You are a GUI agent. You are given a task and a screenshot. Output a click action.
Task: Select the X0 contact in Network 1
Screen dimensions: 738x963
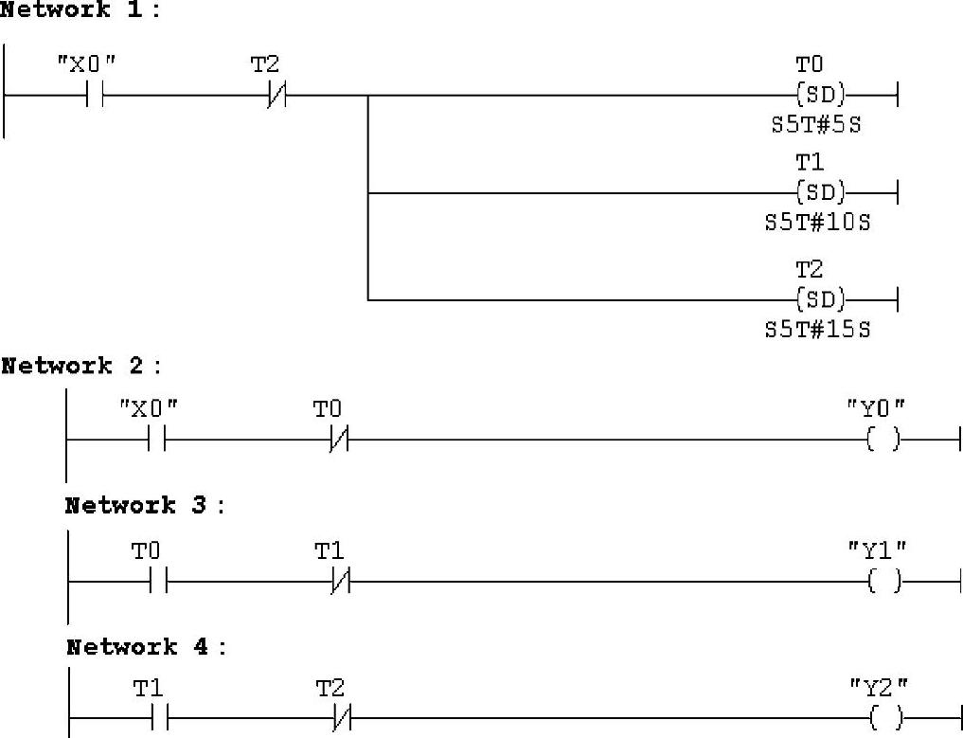point(94,95)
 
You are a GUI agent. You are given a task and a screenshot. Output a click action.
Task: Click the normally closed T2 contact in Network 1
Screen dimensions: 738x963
point(276,95)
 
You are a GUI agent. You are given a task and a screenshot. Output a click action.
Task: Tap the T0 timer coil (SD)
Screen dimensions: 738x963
point(820,95)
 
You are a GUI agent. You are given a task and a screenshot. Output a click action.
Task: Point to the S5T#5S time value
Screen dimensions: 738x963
point(816,124)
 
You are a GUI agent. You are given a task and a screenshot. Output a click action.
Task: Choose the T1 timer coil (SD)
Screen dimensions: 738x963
point(820,193)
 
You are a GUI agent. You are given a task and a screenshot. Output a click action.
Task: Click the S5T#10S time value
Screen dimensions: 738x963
point(817,224)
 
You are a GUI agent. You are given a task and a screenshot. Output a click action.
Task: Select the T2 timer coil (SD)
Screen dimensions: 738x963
point(820,300)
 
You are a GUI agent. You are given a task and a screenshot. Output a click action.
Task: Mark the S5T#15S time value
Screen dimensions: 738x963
point(817,330)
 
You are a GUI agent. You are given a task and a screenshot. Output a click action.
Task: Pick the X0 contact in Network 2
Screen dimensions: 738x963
point(156,440)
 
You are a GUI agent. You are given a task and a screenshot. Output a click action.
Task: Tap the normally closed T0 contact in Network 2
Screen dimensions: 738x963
point(339,440)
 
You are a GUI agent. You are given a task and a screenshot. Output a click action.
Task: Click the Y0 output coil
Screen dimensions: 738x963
point(883,440)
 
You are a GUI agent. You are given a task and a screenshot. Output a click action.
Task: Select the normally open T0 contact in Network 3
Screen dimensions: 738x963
point(158,582)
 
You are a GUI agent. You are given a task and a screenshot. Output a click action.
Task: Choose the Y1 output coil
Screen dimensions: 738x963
point(883,582)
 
